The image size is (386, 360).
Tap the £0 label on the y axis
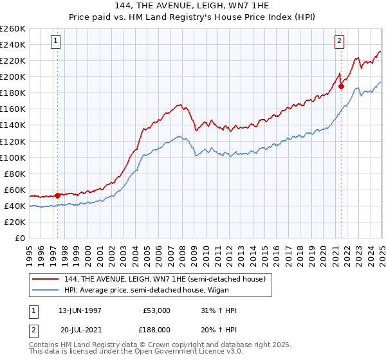click(x=20, y=238)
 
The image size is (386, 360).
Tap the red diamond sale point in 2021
click(x=342, y=86)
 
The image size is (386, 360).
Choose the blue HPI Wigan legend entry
click(x=148, y=290)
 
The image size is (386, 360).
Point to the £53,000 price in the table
click(x=156, y=310)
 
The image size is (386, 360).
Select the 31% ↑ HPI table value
click(x=219, y=310)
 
